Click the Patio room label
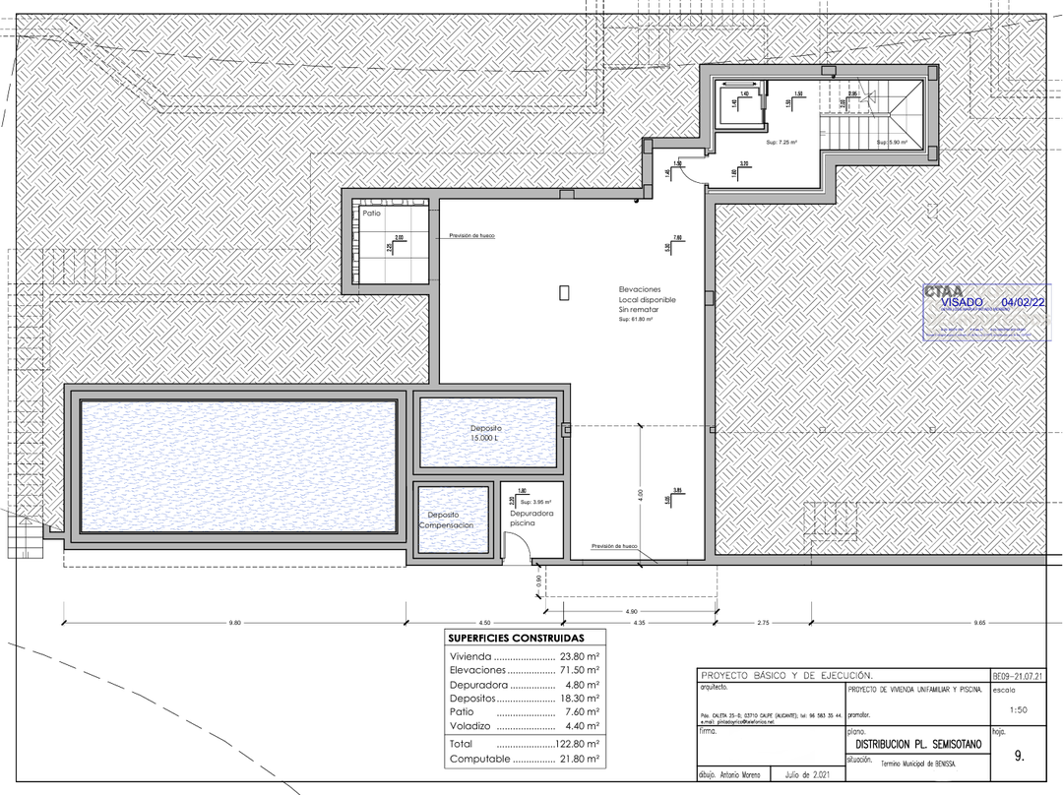pyautogui.click(x=371, y=213)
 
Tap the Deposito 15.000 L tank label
pyautogui.click(x=486, y=434)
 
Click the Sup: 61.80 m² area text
pyautogui.click(x=638, y=320)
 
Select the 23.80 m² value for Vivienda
pyautogui.click(x=580, y=656)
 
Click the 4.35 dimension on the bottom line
pyautogui.click(x=640, y=623)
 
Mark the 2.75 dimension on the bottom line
pyautogui.click(x=763, y=623)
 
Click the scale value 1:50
pyautogui.click(x=1019, y=709)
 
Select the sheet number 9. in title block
pyautogui.click(x=1019, y=757)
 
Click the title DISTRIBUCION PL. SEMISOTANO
pyautogui.click(x=912, y=746)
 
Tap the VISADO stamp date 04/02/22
pyautogui.click(x=1023, y=302)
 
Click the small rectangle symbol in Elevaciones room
pyautogui.click(x=564, y=292)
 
